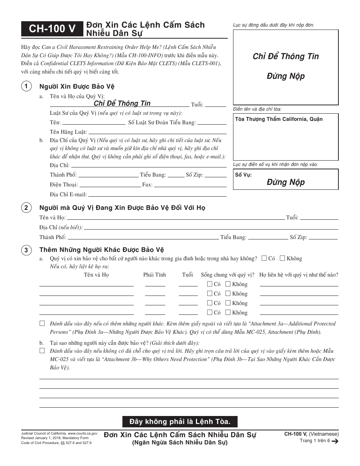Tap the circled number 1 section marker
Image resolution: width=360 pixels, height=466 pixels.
pyautogui.click(x=26, y=87)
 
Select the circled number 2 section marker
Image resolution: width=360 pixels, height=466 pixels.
pyautogui.click(x=26, y=208)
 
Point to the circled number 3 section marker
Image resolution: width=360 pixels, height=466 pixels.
pyautogui.click(x=26, y=250)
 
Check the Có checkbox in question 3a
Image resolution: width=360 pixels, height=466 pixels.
pyautogui.click(x=264, y=258)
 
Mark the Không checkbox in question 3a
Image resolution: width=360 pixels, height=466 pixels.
pyautogui.click(x=282, y=258)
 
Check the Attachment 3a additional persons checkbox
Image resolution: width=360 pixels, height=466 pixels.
pyautogui.click(x=42, y=324)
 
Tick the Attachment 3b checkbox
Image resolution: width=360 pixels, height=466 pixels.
pyautogui.click(x=42, y=351)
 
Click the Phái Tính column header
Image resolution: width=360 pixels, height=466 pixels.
pyautogui.click(x=154, y=275)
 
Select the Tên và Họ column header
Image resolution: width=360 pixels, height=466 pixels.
pyautogui.click(x=96, y=275)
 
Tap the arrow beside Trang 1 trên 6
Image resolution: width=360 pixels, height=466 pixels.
pyautogui.click(x=335, y=441)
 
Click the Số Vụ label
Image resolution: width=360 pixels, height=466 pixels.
pyautogui.click(x=243, y=175)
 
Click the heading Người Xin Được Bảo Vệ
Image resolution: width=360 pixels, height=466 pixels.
pyautogui.click(x=77, y=87)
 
